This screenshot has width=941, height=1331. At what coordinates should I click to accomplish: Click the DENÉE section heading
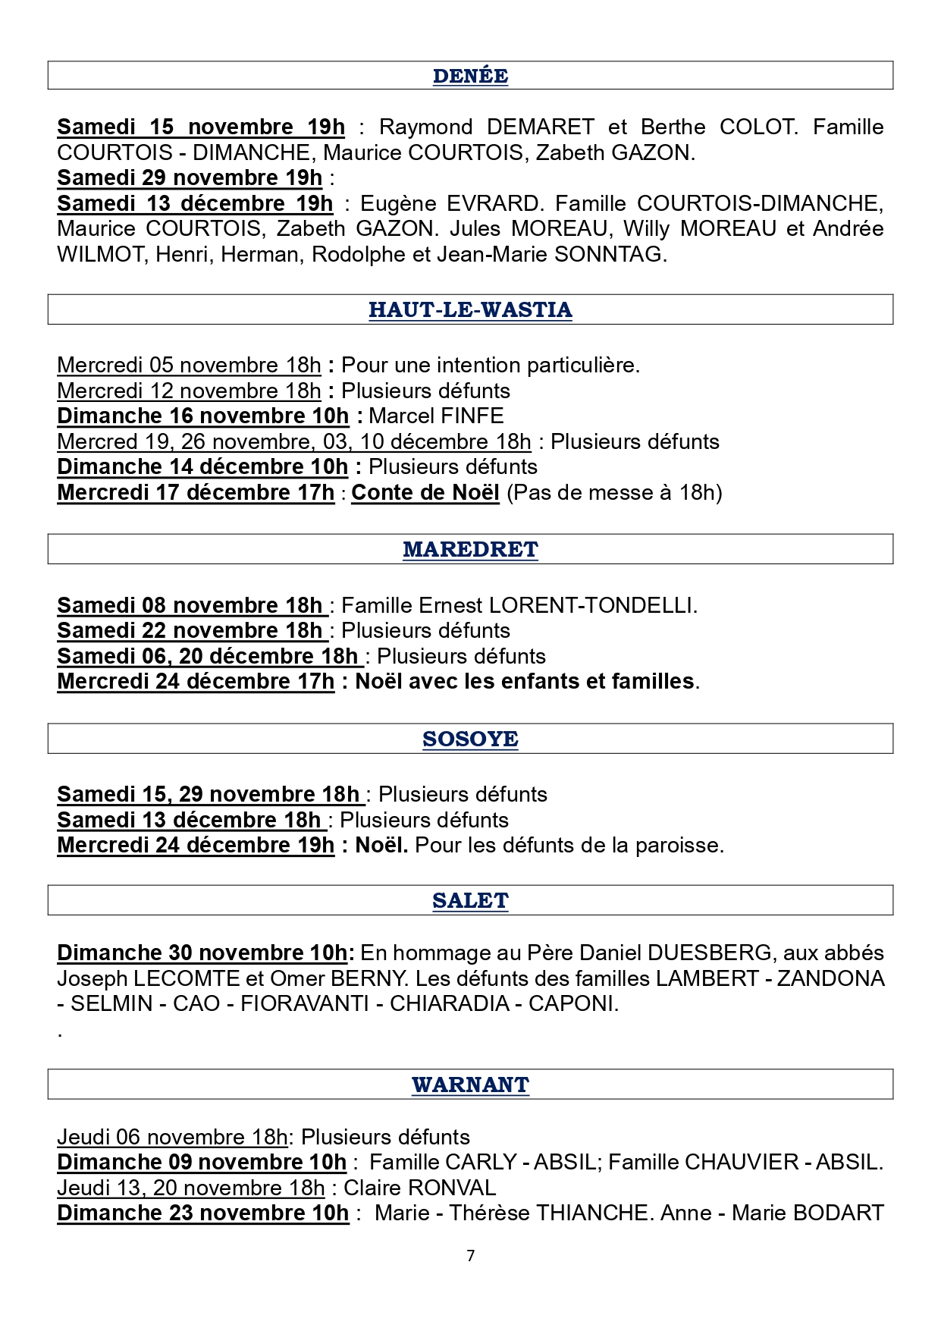click(x=470, y=76)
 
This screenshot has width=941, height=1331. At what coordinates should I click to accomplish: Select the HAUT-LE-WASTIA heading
click(x=470, y=309)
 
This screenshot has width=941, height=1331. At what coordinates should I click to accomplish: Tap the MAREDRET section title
click(x=470, y=549)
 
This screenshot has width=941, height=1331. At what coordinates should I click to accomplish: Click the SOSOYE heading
click(x=470, y=739)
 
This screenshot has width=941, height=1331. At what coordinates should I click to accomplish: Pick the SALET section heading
click(x=470, y=900)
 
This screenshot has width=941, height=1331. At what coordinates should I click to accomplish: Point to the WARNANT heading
click(x=470, y=1085)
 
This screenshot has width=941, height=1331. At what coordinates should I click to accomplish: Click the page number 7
click(x=471, y=1255)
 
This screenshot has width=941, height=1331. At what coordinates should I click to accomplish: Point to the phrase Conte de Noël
click(x=425, y=492)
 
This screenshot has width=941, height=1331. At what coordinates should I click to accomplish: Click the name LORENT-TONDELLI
click(x=591, y=605)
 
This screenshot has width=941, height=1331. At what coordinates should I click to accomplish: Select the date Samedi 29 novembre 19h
click(x=190, y=177)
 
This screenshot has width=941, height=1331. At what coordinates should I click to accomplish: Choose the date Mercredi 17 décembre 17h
click(x=196, y=492)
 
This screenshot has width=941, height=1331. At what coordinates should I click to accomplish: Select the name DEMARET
click(x=541, y=127)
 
